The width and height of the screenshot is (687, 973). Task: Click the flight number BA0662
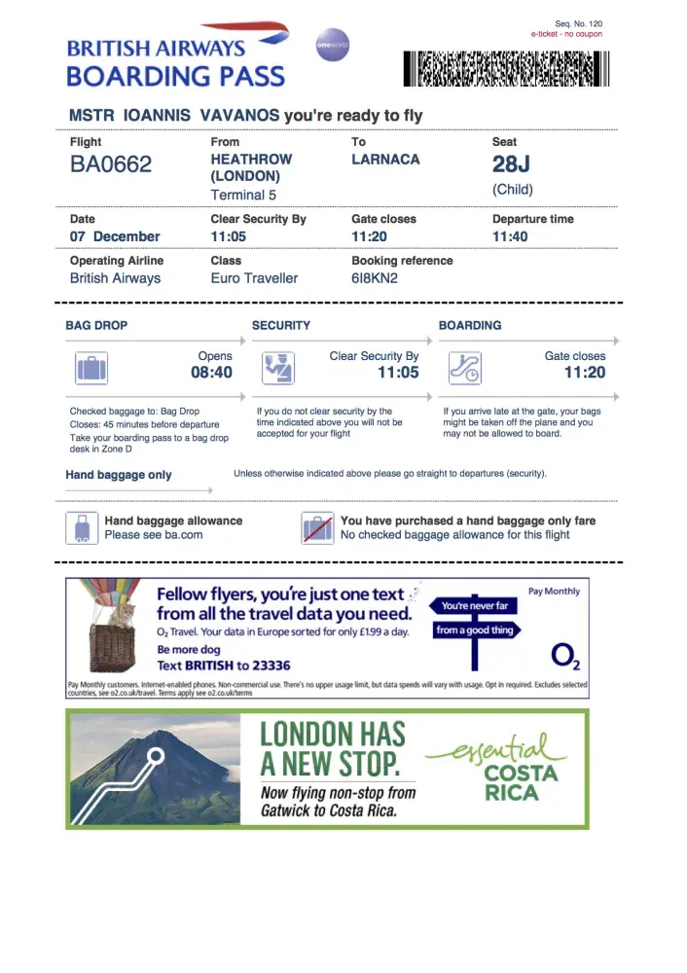coord(111,165)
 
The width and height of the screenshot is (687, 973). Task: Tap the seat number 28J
coord(513,164)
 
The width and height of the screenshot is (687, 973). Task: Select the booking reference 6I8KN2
coord(375,278)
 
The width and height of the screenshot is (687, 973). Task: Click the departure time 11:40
coord(511,236)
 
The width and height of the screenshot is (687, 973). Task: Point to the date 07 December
coord(115,236)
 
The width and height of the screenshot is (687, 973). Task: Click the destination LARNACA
coord(385,159)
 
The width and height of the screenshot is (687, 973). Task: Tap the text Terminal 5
coord(243,195)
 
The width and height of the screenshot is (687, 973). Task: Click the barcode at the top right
coord(505,69)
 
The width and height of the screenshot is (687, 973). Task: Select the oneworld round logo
coord(332,45)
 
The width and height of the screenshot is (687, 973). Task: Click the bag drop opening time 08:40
coord(211,373)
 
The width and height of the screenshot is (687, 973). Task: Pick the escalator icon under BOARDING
coord(464,368)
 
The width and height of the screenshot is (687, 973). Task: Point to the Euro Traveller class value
coord(254,278)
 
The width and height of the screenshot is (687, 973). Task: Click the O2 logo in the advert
coord(565,657)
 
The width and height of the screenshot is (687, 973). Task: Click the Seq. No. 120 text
coord(579,23)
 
